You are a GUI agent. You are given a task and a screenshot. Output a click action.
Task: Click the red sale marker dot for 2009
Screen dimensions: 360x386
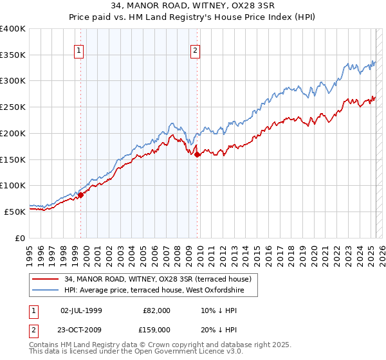point(198,154)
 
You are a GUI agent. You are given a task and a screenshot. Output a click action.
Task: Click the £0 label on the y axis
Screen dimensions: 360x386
point(20,238)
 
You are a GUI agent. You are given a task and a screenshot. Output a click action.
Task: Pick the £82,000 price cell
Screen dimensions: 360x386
point(156,310)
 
